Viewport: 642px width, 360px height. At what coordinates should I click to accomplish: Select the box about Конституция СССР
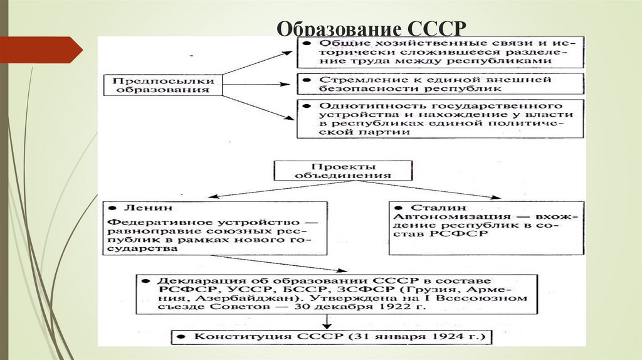[x=332, y=336]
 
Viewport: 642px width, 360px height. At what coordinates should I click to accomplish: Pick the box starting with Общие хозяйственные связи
[x=440, y=53]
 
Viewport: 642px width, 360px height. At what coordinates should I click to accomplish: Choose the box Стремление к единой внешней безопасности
[x=440, y=85]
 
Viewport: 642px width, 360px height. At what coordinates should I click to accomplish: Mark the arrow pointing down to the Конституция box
[x=326, y=321]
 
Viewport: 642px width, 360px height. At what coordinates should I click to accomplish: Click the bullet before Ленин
[x=111, y=208]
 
